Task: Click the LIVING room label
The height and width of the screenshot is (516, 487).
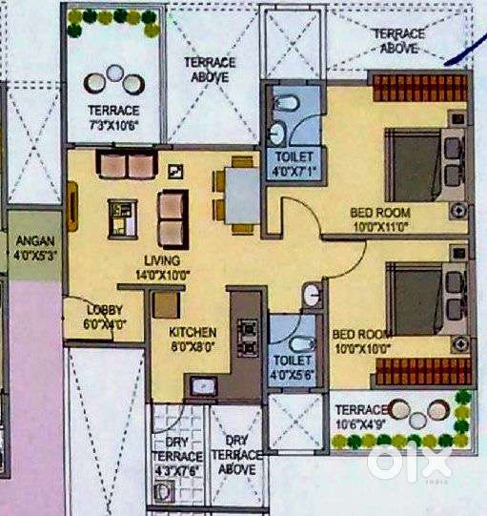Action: (162, 258)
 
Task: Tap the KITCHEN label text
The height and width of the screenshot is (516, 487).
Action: (193, 332)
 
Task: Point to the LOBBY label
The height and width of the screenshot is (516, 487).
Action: (103, 310)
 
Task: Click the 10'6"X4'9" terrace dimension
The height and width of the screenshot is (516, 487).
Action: (360, 424)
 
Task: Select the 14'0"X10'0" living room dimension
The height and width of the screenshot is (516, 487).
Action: (162, 275)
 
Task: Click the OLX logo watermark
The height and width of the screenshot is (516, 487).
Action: (409, 463)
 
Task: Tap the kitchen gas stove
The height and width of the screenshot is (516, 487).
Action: (248, 333)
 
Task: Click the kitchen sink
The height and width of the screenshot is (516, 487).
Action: (203, 385)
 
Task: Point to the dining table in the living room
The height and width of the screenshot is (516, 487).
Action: (241, 194)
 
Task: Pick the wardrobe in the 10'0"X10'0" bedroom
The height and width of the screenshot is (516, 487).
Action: (418, 371)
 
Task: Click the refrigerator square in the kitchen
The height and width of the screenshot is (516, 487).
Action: (167, 304)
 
